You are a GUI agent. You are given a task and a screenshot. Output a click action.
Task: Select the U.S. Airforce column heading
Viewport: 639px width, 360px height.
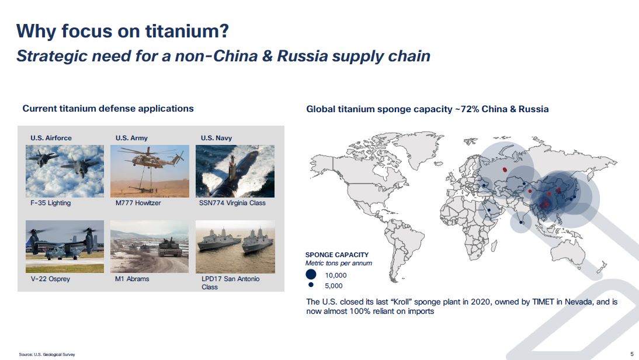[51, 138]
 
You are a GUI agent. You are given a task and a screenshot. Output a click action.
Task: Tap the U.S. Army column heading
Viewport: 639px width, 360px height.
[131, 138]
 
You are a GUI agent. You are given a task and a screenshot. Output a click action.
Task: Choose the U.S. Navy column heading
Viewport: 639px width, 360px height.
[216, 138]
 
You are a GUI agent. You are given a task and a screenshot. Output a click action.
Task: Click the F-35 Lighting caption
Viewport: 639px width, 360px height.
[51, 203]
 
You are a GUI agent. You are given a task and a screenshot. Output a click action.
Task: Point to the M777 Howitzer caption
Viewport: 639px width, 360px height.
[138, 203]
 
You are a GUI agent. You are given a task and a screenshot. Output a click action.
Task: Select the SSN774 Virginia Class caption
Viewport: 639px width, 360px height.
[232, 203]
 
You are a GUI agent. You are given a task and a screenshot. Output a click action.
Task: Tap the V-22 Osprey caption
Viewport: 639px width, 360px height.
[50, 279]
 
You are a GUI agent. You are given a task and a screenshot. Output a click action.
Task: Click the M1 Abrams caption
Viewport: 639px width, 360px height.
[132, 279]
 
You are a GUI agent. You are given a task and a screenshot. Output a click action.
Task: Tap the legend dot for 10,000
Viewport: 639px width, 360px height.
[311, 274]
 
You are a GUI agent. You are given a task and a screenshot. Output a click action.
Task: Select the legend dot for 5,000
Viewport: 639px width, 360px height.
[311, 285]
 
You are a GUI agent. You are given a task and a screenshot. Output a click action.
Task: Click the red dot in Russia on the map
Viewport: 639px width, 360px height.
[505, 169]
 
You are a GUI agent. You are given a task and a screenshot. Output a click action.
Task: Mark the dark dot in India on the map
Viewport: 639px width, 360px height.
[521, 223]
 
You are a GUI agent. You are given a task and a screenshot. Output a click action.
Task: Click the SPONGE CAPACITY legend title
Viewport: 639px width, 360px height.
[336, 255]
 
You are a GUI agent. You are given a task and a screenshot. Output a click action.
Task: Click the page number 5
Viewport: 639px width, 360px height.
[632, 354]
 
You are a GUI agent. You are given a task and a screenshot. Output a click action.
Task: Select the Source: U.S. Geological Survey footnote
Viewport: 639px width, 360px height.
[47, 354]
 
